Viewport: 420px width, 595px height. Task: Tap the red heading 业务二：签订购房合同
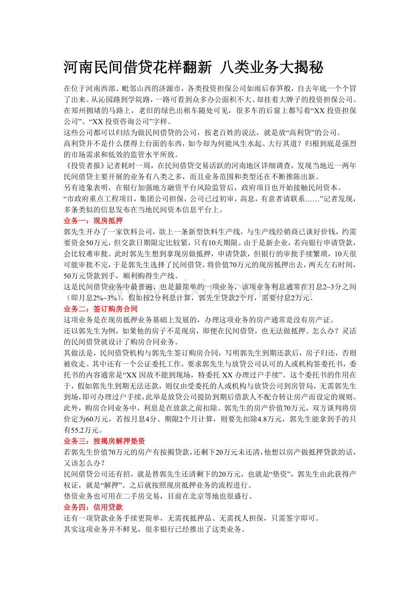pos(100,309)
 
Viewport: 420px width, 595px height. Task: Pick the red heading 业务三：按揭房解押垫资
pos(104,441)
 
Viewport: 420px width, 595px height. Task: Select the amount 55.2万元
pos(87,430)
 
